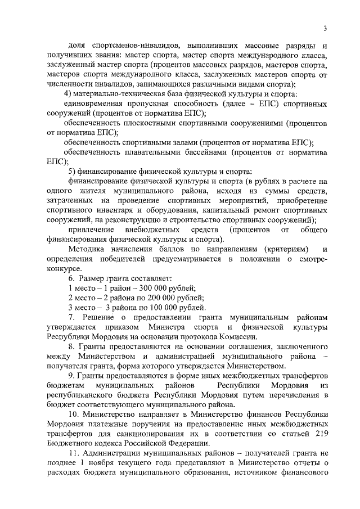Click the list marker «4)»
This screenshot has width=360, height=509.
click(x=68, y=93)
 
